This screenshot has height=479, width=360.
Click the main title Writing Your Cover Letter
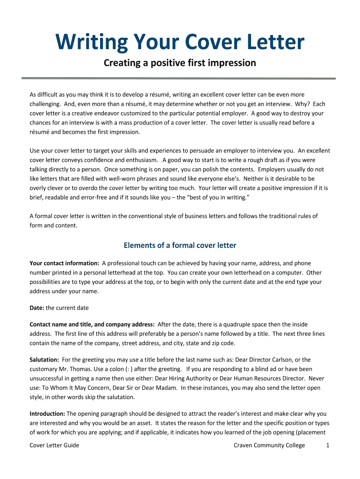[180, 43]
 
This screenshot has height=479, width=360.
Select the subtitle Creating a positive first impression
[180, 63]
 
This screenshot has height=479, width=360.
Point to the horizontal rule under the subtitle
[180, 78]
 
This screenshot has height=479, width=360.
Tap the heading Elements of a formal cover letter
[180, 245]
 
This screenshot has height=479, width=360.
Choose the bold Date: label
[37, 308]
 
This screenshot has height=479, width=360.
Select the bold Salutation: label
[44, 360]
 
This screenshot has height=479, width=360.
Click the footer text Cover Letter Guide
[54, 445]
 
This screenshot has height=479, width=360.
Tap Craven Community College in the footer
[269, 445]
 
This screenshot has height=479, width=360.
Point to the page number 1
[328, 445]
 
